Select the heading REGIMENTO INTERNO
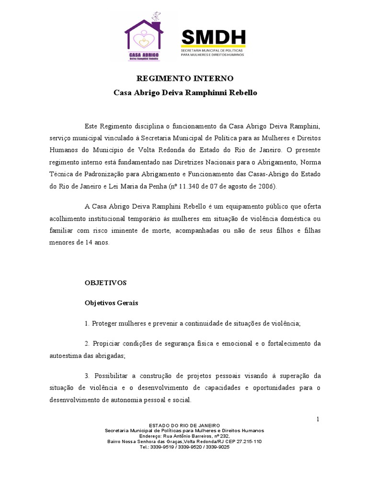coord(185,78)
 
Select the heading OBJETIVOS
coord(105,283)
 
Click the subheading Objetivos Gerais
coord(112,303)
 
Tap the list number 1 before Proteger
coord(87,323)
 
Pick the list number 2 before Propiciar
coord(87,344)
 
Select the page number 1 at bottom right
coord(317,419)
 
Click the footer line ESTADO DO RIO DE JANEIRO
coord(184,425)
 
